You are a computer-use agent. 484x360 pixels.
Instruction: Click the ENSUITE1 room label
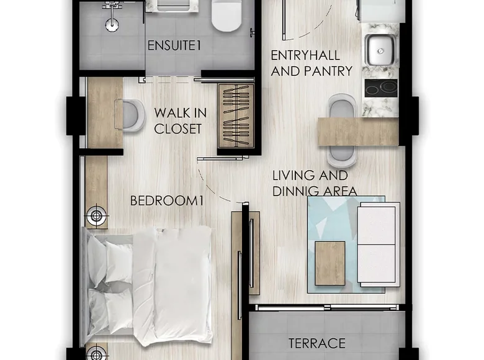tap(174, 45)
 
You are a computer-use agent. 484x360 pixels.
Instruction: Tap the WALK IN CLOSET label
tap(181, 120)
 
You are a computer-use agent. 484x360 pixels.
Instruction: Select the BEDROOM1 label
tap(167, 200)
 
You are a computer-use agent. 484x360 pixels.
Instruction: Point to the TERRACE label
tap(317, 343)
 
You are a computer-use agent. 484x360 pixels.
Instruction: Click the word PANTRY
tap(328, 71)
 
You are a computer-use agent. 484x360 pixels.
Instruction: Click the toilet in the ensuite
tap(226, 16)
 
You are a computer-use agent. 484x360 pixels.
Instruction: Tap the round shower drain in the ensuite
tap(112, 25)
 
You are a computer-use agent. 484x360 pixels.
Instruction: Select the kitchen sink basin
tap(380, 50)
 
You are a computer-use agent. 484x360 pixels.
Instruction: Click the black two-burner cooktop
tap(381, 88)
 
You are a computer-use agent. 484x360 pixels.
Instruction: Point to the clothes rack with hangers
tap(236, 116)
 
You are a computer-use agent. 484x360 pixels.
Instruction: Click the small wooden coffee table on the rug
tap(330, 263)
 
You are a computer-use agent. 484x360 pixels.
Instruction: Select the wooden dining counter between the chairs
tap(358, 131)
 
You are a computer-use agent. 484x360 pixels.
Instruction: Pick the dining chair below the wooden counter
tap(341, 156)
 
